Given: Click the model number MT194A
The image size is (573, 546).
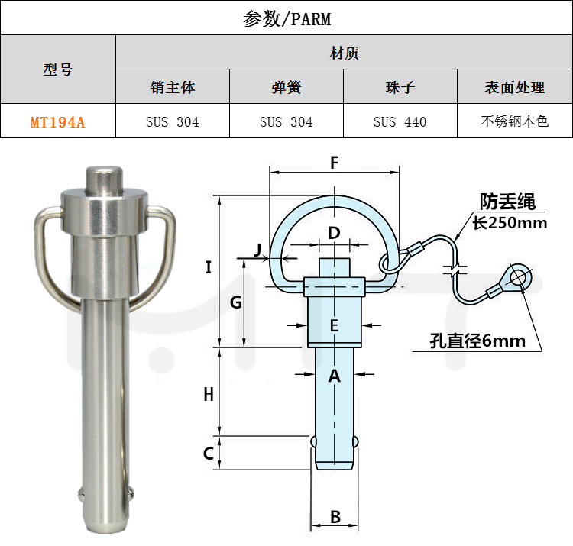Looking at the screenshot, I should [57, 121].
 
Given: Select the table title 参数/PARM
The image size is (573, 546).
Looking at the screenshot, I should [286, 18].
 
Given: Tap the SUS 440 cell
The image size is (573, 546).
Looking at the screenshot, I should [400, 121].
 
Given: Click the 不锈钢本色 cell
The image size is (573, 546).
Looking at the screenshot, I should [514, 121].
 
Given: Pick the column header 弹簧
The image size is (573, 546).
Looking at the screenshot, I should [286, 87].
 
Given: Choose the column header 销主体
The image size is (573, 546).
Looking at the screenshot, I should [173, 87].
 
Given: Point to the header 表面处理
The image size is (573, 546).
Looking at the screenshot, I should [514, 87].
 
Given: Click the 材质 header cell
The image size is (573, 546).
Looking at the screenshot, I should [344, 53].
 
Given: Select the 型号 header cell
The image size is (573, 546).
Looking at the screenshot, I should [57, 69].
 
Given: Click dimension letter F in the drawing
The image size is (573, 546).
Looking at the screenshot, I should [334, 162].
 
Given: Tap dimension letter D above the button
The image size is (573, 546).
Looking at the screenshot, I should [334, 232].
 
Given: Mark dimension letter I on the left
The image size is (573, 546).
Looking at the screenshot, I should [209, 267].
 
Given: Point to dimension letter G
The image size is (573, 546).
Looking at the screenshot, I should [236, 302].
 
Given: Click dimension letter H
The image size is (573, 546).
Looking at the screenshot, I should [209, 394].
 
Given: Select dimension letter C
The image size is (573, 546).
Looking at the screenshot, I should [208, 454].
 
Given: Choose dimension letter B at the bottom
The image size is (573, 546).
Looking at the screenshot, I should [335, 517].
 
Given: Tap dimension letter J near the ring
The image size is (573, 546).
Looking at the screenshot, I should [257, 249].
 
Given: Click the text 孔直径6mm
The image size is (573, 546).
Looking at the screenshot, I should [477, 341].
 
